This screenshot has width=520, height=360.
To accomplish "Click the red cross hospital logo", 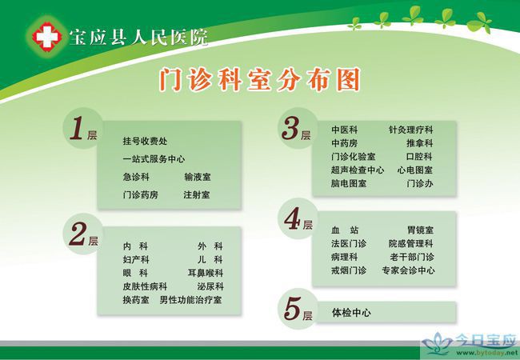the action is click(46, 37).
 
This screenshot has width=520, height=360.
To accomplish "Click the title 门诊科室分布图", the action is click(260, 79).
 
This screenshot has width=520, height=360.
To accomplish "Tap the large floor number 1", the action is click(76, 128).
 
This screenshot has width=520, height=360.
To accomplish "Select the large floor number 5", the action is click(292, 309).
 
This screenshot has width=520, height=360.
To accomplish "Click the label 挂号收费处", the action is click(145, 142).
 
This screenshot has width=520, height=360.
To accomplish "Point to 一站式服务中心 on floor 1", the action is click(154, 159).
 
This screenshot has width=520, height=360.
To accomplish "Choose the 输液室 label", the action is click(198, 177).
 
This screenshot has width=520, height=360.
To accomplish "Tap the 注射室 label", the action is click(197, 195).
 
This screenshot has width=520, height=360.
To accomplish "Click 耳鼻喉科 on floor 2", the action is click(206, 273).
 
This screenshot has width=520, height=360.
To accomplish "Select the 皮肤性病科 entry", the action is click(145, 286).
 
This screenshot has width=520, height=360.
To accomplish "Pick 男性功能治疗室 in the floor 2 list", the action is click(190, 300).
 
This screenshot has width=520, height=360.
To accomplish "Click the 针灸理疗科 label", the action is click(411, 130).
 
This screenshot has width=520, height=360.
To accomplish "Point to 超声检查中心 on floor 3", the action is click(358, 170).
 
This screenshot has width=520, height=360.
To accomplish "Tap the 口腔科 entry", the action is click(419, 157).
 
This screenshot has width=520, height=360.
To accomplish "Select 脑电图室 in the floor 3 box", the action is click(349, 183).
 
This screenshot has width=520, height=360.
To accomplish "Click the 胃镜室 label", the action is click(420, 230).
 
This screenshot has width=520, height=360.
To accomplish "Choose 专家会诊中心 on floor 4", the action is click(408, 270).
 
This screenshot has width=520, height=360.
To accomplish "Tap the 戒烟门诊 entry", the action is click(349, 270).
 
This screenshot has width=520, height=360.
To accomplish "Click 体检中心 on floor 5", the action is click(351, 313).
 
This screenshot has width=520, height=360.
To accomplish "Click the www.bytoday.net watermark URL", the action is click(487, 354).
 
